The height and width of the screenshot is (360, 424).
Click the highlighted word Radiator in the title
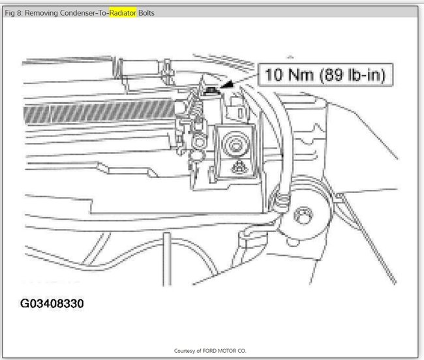pyautogui.click(x=123, y=13)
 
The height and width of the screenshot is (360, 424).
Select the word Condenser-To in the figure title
pyautogui.click(x=84, y=13)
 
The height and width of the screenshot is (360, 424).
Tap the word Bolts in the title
pyautogui.click(x=146, y=13)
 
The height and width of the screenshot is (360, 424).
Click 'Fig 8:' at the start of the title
pyautogui.click(x=14, y=13)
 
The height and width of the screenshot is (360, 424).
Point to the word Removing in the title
pyautogui.click(x=41, y=13)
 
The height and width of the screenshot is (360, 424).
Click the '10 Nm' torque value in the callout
pyautogui.click(x=289, y=75)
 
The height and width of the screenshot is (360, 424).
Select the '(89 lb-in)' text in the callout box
pyautogui.click(x=353, y=75)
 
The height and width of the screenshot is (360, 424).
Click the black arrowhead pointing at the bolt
pyautogui.click(x=226, y=84)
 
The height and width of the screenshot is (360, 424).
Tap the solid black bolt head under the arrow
pyautogui.click(x=211, y=91)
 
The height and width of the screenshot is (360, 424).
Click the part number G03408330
pyautogui.click(x=52, y=303)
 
